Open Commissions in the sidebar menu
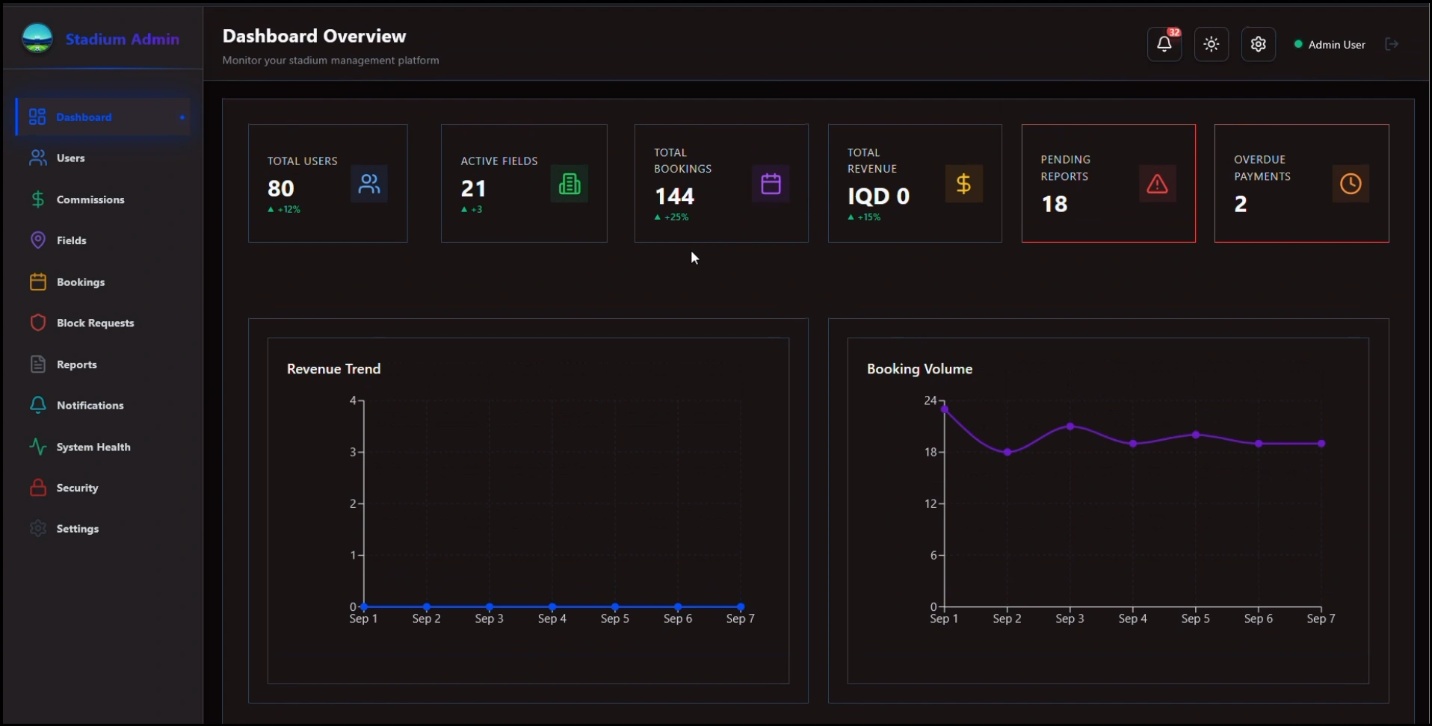(90, 199)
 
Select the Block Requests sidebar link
(95, 323)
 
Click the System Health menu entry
(93, 447)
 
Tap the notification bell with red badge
(1164, 44)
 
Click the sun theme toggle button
(1211, 44)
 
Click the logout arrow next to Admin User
(1391, 44)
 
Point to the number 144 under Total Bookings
(674, 196)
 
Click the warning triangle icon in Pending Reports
(1156, 184)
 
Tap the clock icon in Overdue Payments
(1350, 184)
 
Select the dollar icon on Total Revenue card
(963, 184)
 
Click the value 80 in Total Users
(280, 188)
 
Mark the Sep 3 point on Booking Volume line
(1070, 426)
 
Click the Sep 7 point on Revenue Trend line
(740, 606)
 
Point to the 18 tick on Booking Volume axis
(930, 452)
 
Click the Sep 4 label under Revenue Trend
(552, 618)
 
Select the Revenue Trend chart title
(333, 369)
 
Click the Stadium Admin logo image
(37, 38)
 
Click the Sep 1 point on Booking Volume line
(944, 409)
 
